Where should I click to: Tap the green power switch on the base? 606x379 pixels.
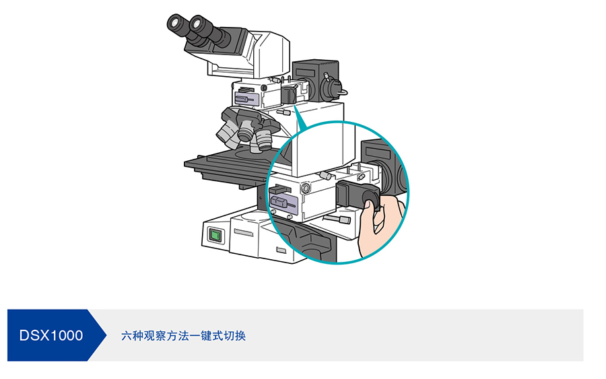[215, 235]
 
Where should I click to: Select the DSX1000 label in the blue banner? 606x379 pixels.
[51, 335]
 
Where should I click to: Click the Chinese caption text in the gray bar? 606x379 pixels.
[183, 335]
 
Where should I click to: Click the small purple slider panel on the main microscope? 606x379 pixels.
[246, 99]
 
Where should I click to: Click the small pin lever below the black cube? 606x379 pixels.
[337, 219]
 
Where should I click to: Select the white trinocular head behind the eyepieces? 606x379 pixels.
[266, 50]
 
